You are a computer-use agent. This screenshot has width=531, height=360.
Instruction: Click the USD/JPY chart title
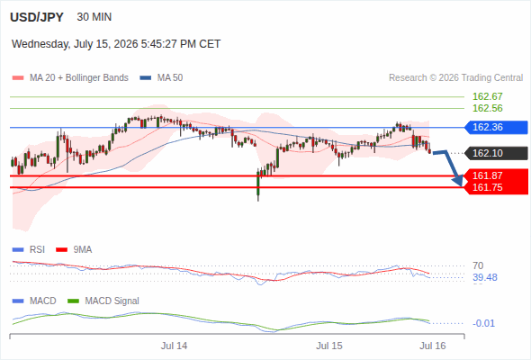37,17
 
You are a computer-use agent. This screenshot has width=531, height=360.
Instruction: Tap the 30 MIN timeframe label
94,17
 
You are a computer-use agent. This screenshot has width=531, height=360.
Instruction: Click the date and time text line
116,44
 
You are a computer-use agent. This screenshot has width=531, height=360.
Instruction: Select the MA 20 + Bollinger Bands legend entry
70,78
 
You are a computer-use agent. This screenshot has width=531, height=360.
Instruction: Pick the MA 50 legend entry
161,78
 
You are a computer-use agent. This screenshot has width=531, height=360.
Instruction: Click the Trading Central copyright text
455,78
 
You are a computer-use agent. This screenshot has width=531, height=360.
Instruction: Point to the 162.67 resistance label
487,96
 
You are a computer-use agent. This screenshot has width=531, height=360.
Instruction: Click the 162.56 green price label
487,108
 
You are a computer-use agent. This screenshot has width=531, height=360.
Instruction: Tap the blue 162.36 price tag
496,127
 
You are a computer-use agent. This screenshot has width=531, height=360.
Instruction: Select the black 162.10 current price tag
496,153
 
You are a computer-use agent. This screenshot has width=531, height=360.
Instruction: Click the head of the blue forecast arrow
460,184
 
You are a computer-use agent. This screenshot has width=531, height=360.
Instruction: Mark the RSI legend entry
29,249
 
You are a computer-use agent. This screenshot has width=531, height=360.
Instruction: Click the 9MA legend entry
74,249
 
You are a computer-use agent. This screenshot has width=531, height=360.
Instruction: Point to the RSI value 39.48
485,277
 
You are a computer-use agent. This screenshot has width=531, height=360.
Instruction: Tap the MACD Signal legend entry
103,301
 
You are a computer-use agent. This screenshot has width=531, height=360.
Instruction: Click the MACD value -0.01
483,323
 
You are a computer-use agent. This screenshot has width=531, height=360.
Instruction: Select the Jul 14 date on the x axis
174,346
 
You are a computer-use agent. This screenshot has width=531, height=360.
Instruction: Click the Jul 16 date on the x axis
433,346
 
